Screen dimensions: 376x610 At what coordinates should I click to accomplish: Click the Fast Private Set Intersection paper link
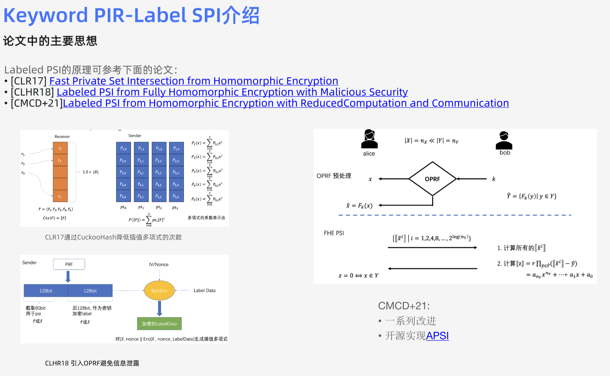click(x=194, y=81)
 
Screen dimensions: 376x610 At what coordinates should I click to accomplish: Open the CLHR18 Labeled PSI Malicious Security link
click(x=232, y=92)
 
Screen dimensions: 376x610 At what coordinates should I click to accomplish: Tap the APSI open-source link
click(x=437, y=336)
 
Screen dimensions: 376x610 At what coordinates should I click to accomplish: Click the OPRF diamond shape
click(x=432, y=179)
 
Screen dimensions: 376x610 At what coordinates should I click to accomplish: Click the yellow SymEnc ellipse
click(x=159, y=291)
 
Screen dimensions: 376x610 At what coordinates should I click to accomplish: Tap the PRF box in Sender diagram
click(x=69, y=264)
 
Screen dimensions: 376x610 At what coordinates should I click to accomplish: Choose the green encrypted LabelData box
click(x=159, y=324)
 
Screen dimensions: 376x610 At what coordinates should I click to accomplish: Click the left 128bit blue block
click(x=46, y=291)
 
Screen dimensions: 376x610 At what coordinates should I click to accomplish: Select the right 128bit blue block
click(x=90, y=291)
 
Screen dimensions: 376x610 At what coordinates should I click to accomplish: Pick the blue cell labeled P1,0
click(x=123, y=148)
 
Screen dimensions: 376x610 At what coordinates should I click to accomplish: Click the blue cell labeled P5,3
click(x=176, y=196)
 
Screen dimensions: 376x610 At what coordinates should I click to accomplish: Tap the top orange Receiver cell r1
click(x=60, y=148)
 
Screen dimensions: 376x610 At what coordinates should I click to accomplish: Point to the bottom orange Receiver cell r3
click(x=60, y=196)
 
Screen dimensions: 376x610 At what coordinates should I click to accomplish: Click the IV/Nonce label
click(x=159, y=264)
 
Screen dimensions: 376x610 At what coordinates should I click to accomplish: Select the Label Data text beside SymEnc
click(x=205, y=291)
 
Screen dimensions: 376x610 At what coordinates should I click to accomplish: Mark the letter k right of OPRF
click(x=494, y=179)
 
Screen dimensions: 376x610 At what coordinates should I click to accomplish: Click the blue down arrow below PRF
click(x=68, y=277)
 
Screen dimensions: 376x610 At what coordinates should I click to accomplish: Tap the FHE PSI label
click(x=334, y=233)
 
